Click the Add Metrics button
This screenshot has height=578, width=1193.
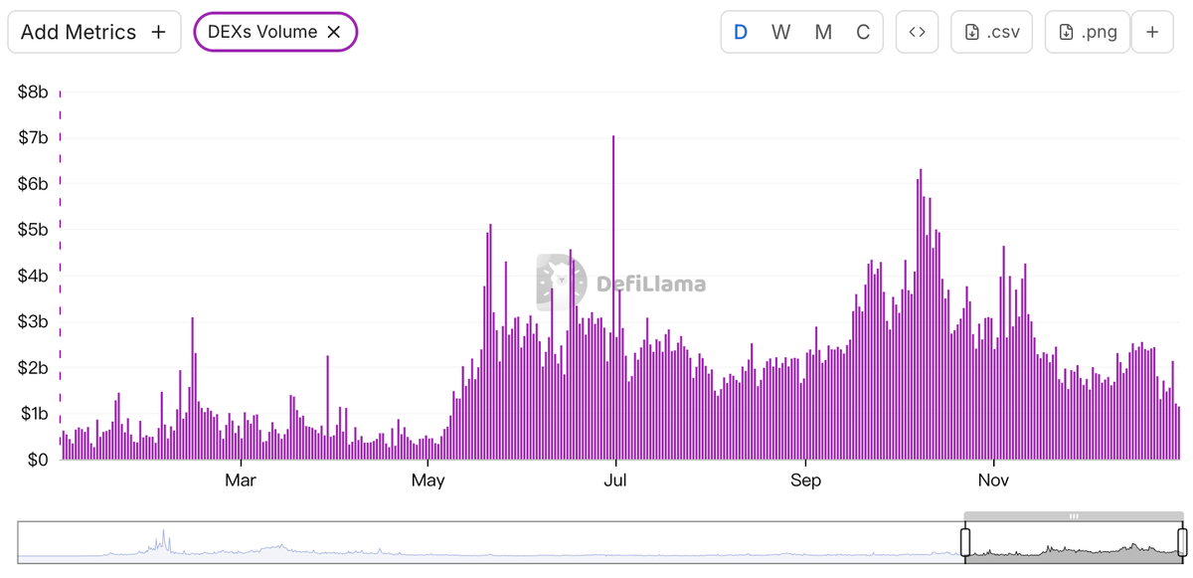click(93, 32)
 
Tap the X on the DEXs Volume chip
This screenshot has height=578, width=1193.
click(334, 32)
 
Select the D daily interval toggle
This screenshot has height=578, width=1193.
click(741, 32)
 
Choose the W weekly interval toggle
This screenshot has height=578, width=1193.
click(781, 32)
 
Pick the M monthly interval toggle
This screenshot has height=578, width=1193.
click(823, 32)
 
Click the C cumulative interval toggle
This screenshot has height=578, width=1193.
click(863, 32)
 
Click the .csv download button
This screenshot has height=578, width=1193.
click(991, 32)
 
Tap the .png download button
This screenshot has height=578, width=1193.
click(1088, 32)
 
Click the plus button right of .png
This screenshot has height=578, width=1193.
click(1152, 32)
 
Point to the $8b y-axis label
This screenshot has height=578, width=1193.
click(33, 93)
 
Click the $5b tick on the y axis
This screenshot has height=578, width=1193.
click(33, 230)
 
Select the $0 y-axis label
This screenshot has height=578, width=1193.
click(37, 460)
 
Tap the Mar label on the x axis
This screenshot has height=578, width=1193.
click(241, 482)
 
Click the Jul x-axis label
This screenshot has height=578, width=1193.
click(615, 482)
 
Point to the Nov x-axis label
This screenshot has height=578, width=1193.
click(994, 482)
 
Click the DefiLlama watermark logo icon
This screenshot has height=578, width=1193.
click(561, 283)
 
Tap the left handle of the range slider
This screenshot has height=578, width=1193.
click(964, 542)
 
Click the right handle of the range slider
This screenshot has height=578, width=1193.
click(1182, 542)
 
